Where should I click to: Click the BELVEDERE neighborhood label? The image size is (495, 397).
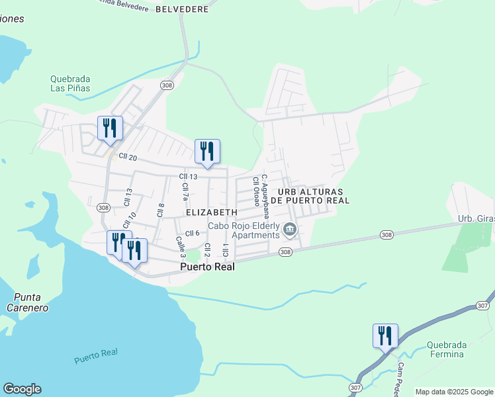[x=182, y=9]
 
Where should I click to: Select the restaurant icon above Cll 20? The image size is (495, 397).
[x=109, y=128]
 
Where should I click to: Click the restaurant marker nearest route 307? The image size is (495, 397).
[x=384, y=335]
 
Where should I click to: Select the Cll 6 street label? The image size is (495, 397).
[x=192, y=233]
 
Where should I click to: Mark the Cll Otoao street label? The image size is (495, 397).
[x=255, y=191]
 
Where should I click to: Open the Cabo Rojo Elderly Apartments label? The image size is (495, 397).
[x=244, y=230]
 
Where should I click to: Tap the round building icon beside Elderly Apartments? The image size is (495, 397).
[x=289, y=230]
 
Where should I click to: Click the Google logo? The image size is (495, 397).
[x=22, y=389]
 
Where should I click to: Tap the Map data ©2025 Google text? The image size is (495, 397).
[x=454, y=392]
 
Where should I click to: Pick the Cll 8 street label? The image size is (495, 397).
[x=160, y=210]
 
